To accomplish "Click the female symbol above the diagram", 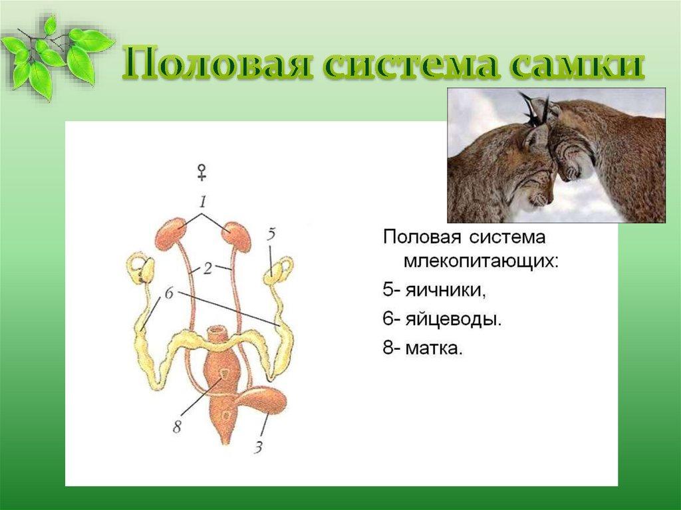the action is (202, 172).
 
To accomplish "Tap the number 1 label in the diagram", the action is (203, 201).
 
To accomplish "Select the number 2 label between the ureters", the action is (208, 269).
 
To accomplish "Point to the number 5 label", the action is (271, 235).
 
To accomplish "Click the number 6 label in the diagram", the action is (169, 293).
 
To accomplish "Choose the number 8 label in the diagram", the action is (177, 427).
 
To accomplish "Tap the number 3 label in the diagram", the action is (259, 447).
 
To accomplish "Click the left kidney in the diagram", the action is (171, 233).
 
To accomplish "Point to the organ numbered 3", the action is (263, 400).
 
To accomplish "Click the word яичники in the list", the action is (445, 291).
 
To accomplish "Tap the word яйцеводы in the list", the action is (454, 319).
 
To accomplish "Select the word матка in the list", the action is (434, 348).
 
